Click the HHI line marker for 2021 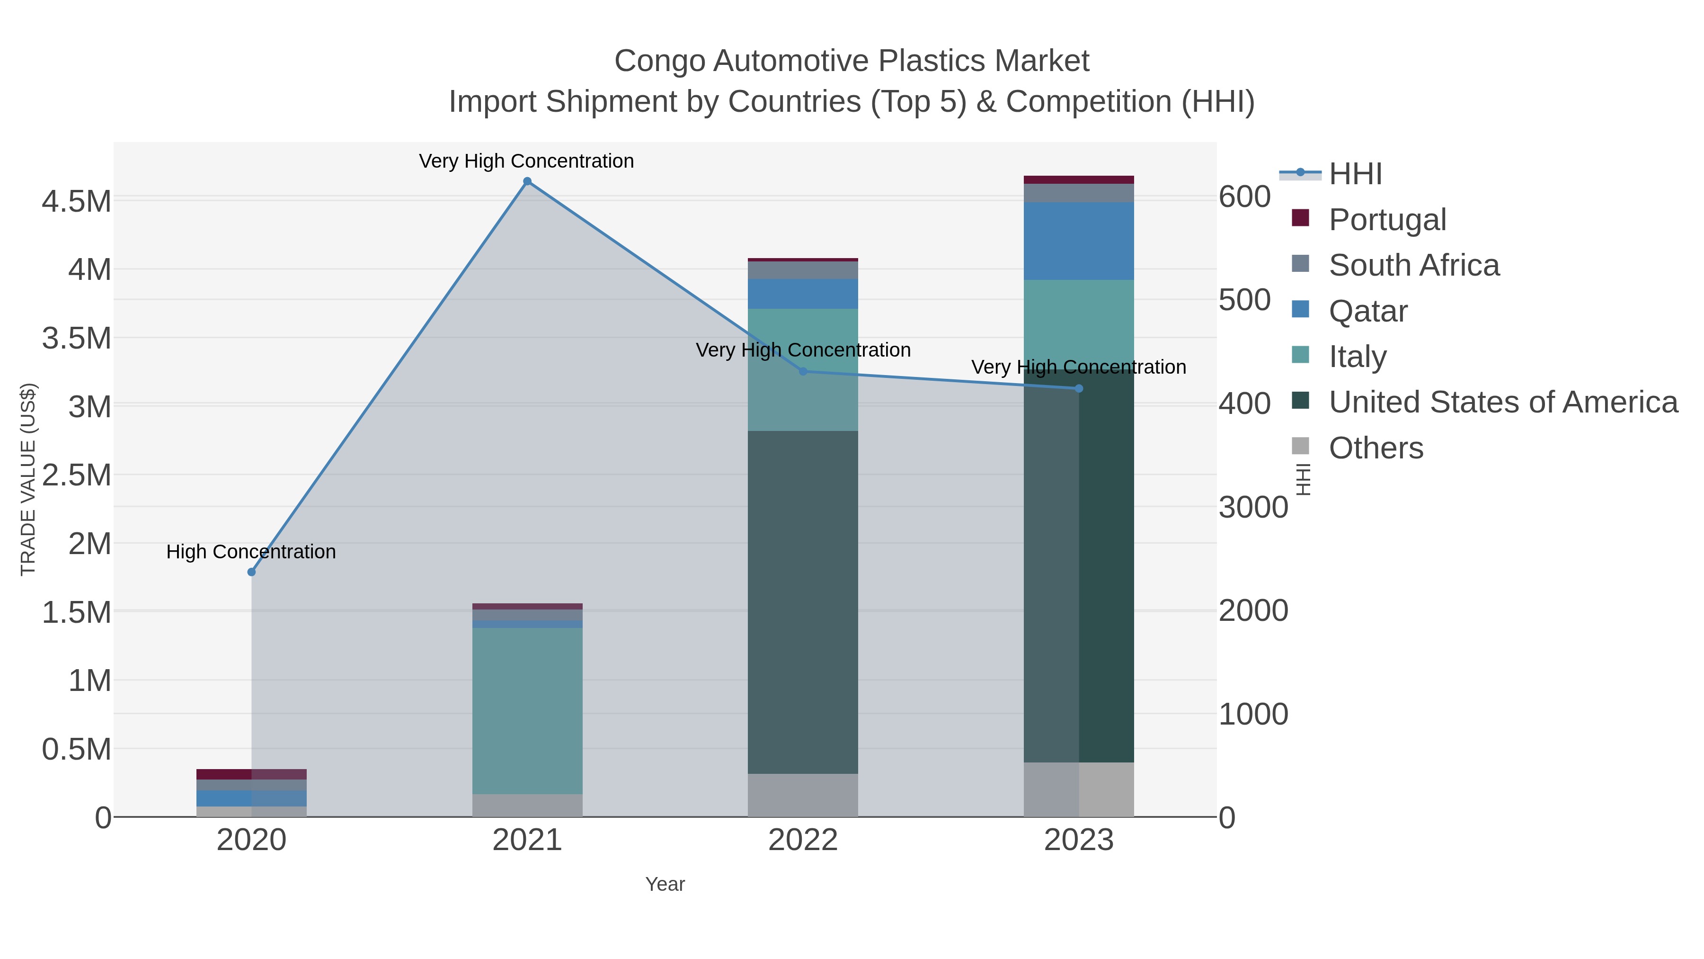click(527, 181)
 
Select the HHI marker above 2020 click(251, 572)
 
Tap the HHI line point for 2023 click(1079, 388)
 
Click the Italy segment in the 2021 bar click(527, 711)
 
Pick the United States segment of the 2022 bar click(802, 602)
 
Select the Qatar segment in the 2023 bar click(1079, 241)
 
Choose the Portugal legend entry click(1387, 220)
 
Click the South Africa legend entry click(1413, 265)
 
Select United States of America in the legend click(1503, 403)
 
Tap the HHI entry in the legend click(1355, 174)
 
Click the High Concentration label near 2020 click(251, 552)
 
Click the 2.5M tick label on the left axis click(77, 475)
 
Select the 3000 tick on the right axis click(1253, 508)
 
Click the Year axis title click(665, 884)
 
